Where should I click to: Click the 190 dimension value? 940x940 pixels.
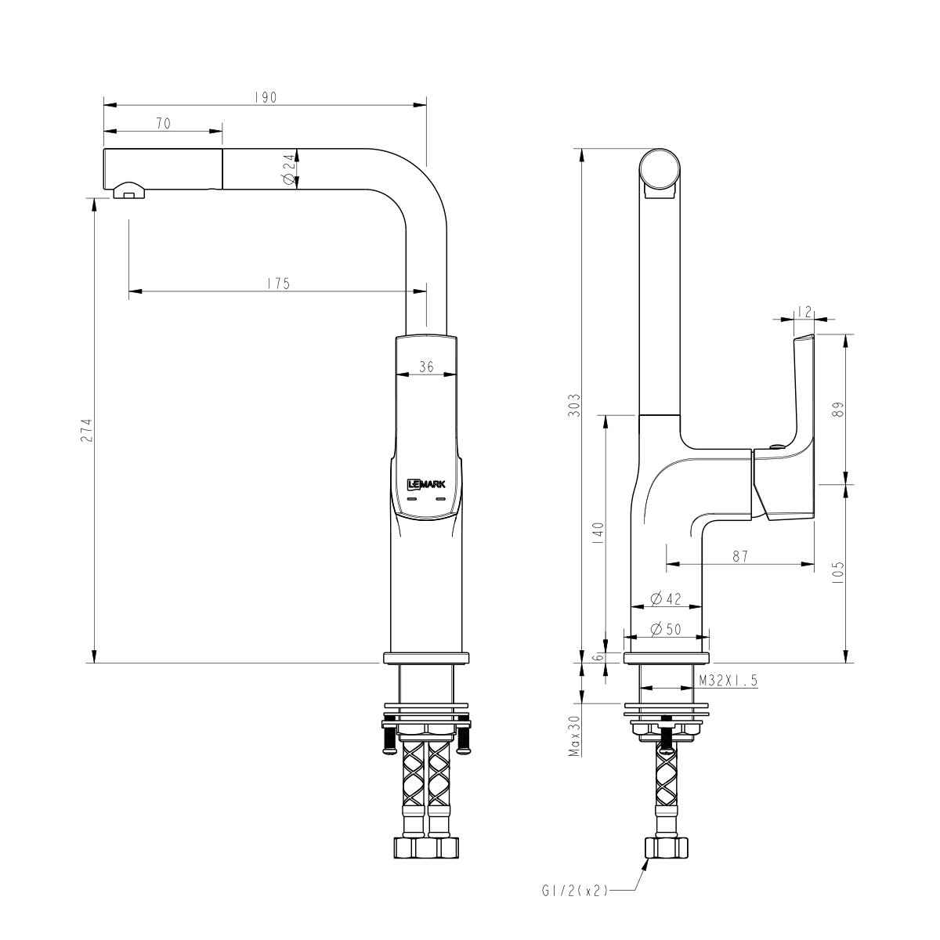tap(266, 98)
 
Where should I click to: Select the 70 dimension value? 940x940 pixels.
tap(164, 124)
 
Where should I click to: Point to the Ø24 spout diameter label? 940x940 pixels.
tap(288, 169)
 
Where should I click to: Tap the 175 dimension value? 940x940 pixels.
tap(277, 284)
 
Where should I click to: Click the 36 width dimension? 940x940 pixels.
tap(427, 366)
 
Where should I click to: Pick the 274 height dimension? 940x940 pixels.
tap(87, 430)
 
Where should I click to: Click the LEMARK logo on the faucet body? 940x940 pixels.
tap(426, 485)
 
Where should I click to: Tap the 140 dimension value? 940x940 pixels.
tap(598, 533)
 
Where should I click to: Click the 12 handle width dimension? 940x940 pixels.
tap(803, 312)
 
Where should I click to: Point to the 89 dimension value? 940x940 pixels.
tap(837, 409)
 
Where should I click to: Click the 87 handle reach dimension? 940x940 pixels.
tap(739, 556)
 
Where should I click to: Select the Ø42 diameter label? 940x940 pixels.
tap(667, 599)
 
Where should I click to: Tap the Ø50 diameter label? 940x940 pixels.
tap(667, 628)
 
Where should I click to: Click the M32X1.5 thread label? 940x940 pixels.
tap(728, 681)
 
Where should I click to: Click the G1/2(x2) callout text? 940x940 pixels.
tap(573, 891)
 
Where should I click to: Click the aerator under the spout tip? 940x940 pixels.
tap(129, 190)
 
